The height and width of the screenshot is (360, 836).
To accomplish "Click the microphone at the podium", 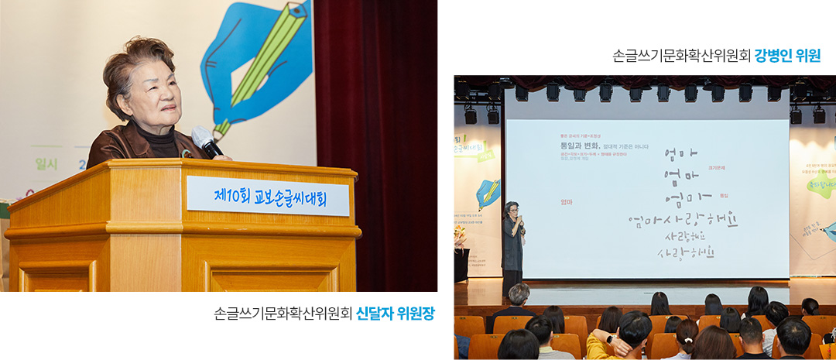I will pos(206,142).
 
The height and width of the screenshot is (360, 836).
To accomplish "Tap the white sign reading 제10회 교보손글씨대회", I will pos(267,196).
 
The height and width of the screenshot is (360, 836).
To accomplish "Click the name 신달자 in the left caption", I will pos(375,314).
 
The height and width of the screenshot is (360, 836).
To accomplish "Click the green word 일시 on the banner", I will pos(47,163).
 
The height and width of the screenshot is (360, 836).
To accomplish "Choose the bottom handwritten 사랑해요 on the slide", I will pos(684,253).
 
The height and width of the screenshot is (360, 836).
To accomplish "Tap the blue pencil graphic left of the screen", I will pos(488,193).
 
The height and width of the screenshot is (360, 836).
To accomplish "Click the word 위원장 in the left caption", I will pos(415,314).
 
